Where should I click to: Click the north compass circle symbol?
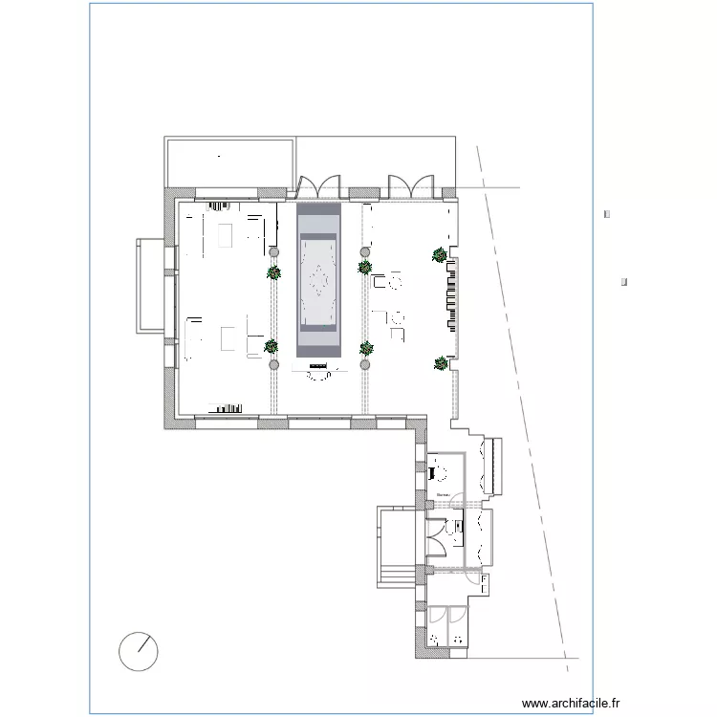pos(139,652)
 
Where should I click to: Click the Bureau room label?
pos(444,494)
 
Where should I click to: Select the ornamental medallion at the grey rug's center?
pos(318,283)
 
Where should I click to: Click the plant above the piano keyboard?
pos(439,254)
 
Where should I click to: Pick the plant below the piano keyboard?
pos(442,363)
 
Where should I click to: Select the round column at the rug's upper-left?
pos(274,251)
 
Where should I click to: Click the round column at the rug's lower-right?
pos(364,364)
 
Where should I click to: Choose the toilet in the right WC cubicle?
pos(458,640)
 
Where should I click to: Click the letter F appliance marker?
pos(484,580)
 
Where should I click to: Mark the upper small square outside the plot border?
pos(607,214)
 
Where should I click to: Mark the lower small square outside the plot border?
pos(623,282)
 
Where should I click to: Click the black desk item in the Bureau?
pos(433,471)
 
